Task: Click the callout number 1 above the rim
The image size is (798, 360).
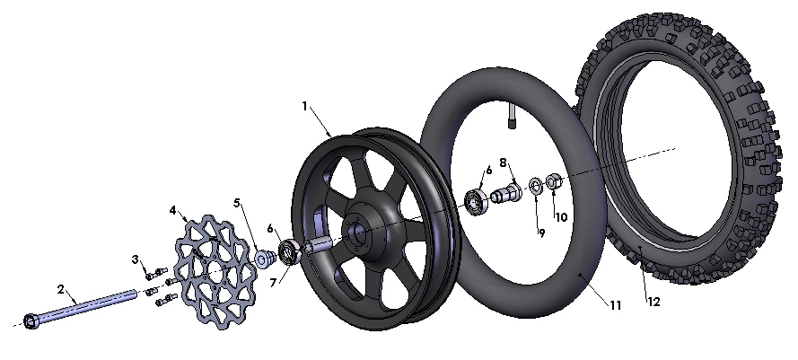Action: [305, 107]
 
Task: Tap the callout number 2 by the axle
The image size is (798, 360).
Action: [61, 290]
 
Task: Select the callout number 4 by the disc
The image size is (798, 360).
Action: [173, 210]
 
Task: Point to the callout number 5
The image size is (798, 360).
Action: [237, 203]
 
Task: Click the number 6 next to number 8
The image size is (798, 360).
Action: [489, 170]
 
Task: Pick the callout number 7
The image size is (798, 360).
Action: [273, 283]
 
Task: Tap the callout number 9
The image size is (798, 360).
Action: [542, 233]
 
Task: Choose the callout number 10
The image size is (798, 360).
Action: [561, 217]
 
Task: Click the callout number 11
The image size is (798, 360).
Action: [616, 305]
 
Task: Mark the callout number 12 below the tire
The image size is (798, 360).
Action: [653, 302]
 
